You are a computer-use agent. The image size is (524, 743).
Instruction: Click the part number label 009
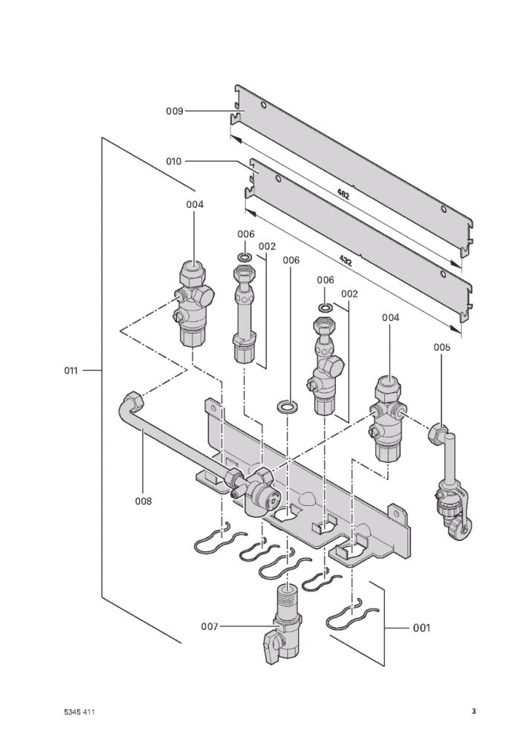pos(174,111)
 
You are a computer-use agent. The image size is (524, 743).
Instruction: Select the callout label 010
pos(174,161)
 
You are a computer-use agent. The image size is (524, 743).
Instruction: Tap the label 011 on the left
pos(73,369)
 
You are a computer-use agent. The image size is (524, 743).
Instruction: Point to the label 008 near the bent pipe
pos(143,501)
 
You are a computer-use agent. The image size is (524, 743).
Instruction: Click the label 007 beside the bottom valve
pos(210,626)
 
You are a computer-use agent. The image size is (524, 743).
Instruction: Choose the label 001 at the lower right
pos(421,628)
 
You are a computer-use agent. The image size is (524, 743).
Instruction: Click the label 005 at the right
pos(441,347)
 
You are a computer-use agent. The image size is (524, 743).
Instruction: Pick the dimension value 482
pos(343,195)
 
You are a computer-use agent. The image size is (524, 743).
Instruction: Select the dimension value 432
pos(346,260)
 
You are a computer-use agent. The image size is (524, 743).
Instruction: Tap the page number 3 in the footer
pos(473,711)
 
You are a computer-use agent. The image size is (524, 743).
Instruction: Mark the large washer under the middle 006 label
pos(286,406)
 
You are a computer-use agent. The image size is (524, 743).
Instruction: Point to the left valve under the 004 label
pos(195,305)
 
